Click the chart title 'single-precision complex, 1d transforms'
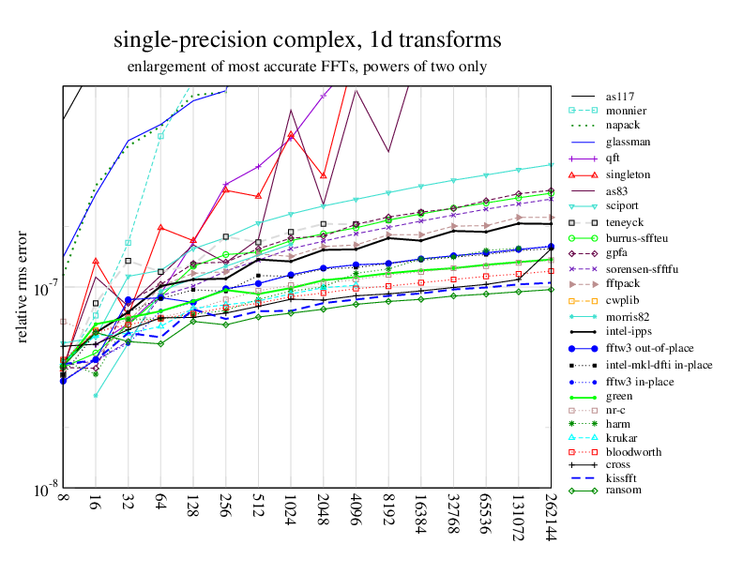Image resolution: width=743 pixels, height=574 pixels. (x=307, y=40)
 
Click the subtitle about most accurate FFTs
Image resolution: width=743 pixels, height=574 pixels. (x=307, y=68)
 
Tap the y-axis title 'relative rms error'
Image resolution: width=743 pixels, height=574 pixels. (x=23, y=287)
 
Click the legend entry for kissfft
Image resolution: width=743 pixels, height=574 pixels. (x=621, y=479)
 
